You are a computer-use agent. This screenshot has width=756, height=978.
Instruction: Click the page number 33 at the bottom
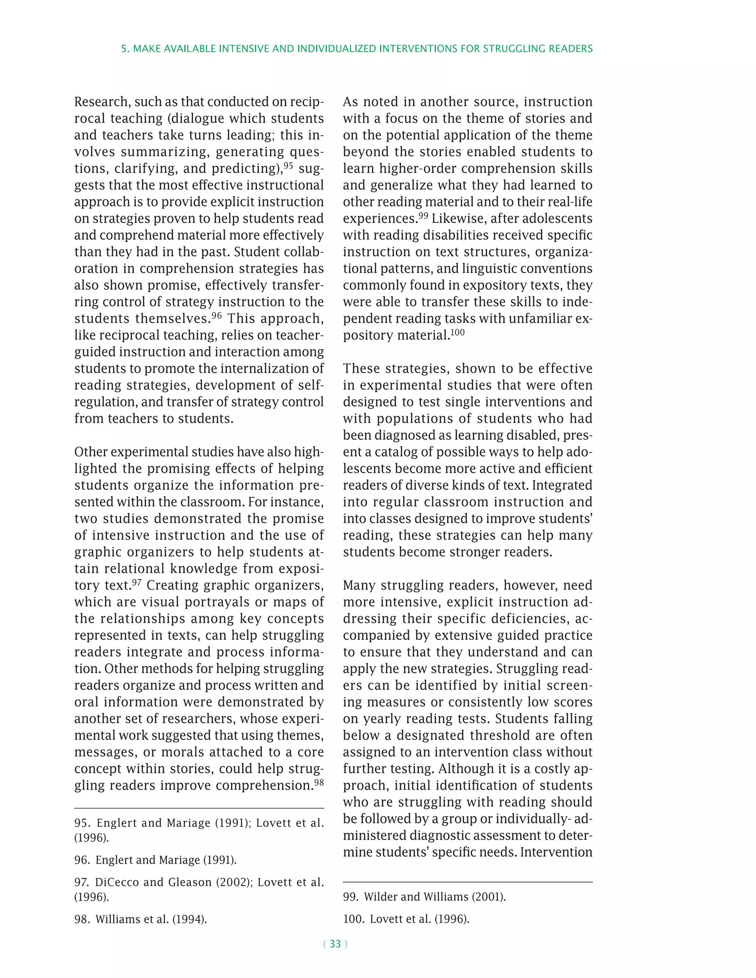point(335,944)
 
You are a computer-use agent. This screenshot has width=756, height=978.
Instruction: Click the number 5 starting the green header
point(124,49)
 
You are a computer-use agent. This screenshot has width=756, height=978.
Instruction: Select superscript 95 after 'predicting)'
point(288,165)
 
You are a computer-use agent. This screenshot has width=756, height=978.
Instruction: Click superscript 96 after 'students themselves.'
point(217,315)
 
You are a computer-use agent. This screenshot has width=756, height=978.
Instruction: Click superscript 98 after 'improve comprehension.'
point(319,782)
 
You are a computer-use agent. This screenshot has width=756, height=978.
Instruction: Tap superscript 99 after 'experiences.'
point(423,216)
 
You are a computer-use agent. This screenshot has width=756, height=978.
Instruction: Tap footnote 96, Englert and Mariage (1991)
point(155,860)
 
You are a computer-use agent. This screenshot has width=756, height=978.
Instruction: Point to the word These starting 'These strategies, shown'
point(362,369)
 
